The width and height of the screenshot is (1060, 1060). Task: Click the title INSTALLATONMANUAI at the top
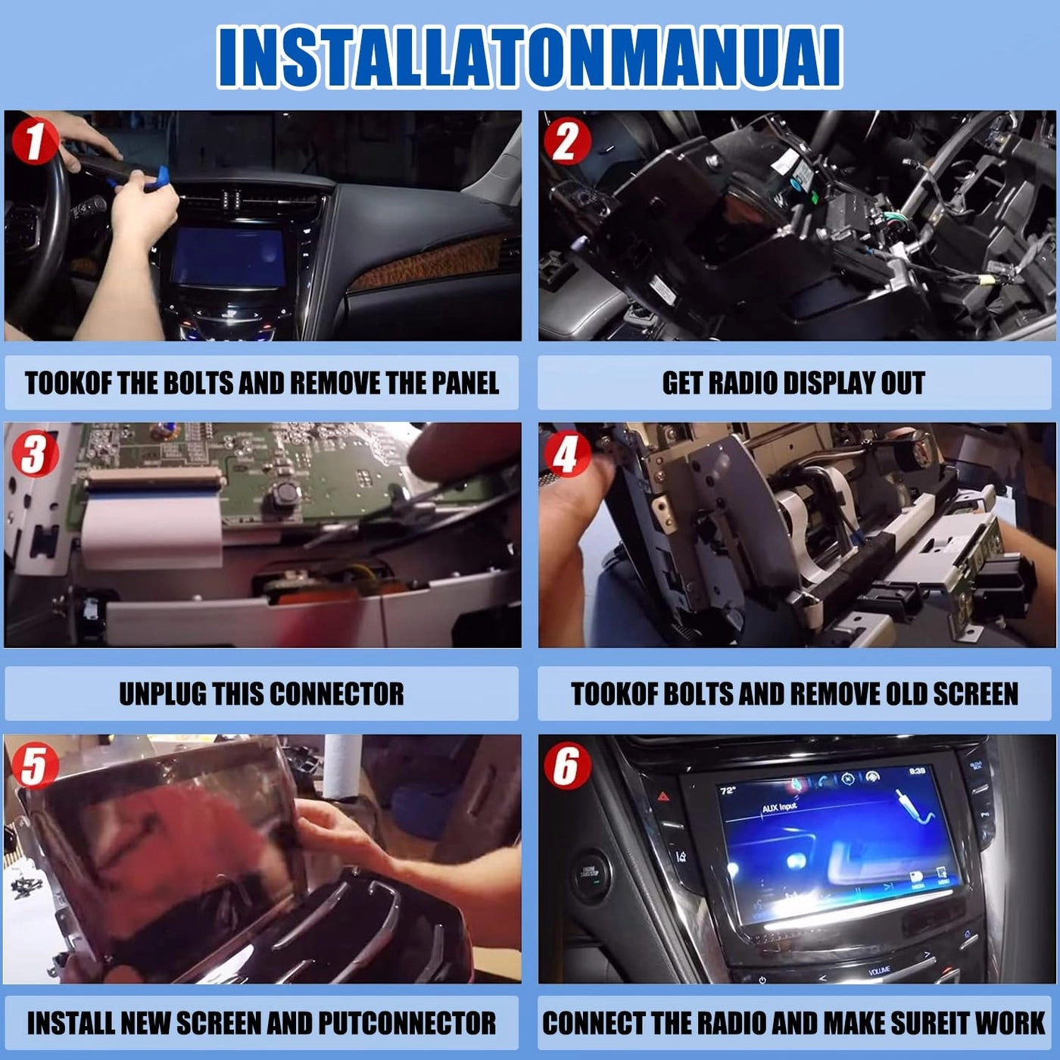point(529,58)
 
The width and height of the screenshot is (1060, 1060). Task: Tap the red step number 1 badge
point(34,141)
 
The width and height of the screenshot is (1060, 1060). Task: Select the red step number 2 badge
point(566,142)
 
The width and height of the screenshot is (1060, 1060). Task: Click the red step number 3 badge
point(34,454)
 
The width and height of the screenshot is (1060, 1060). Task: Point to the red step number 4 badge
point(566,454)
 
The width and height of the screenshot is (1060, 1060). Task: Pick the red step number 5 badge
point(34,765)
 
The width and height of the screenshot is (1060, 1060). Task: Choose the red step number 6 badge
point(566,765)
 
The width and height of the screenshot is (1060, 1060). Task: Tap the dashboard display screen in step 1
point(228,257)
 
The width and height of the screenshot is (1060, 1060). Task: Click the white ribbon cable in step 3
point(151,522)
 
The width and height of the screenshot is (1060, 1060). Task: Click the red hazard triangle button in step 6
point(663,797)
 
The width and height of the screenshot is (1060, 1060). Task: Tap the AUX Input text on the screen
point(779,808)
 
